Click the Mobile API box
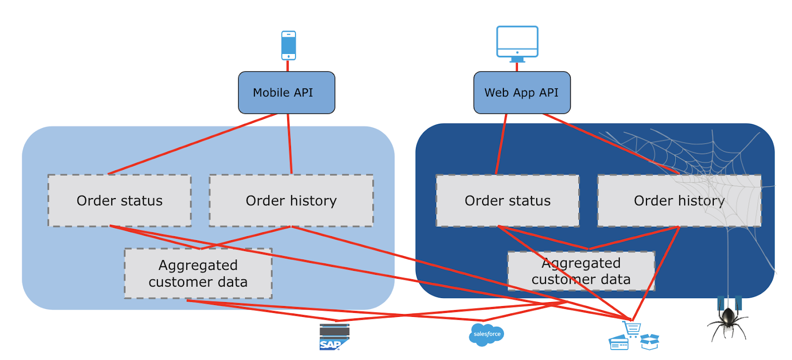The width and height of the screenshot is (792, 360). [x=286, y=93]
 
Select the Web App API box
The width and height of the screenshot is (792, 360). [x=522, y=93]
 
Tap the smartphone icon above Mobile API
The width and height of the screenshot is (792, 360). [x=289, y=45]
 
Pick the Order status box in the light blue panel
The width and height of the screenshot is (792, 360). [x=119, y=201]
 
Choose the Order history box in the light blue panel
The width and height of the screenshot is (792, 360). [x=291, y=201]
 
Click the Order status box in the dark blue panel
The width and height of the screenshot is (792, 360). [x=507, y=201]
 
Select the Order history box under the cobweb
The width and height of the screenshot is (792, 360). [x=679, y=201]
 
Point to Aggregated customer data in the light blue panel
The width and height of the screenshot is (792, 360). [x=198, y=273]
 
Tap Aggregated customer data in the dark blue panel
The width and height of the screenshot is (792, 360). [x=581, y=271]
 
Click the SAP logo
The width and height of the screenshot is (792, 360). [x=334, y=337]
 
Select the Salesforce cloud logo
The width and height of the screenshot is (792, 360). [x=487, y=335]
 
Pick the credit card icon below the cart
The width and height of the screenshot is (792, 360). [x=618, y=343]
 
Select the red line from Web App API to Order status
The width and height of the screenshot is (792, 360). [x=501, y=144]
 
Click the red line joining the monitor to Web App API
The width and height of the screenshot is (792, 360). [x=517, y=67]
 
